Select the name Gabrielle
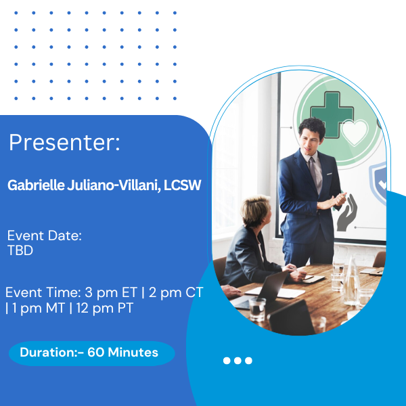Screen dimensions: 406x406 click(36, 185)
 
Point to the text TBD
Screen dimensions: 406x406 click(20, 250)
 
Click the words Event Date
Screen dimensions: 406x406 click(45, 235)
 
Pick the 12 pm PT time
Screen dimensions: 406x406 click(105, 308)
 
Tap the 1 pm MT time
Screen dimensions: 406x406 click(39, 308)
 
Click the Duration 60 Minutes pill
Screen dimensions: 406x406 click(91, 353)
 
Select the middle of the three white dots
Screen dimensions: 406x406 click(238, 361)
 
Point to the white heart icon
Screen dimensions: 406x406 click(355, 133)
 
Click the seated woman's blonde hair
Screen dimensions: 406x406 click(255, 209)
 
